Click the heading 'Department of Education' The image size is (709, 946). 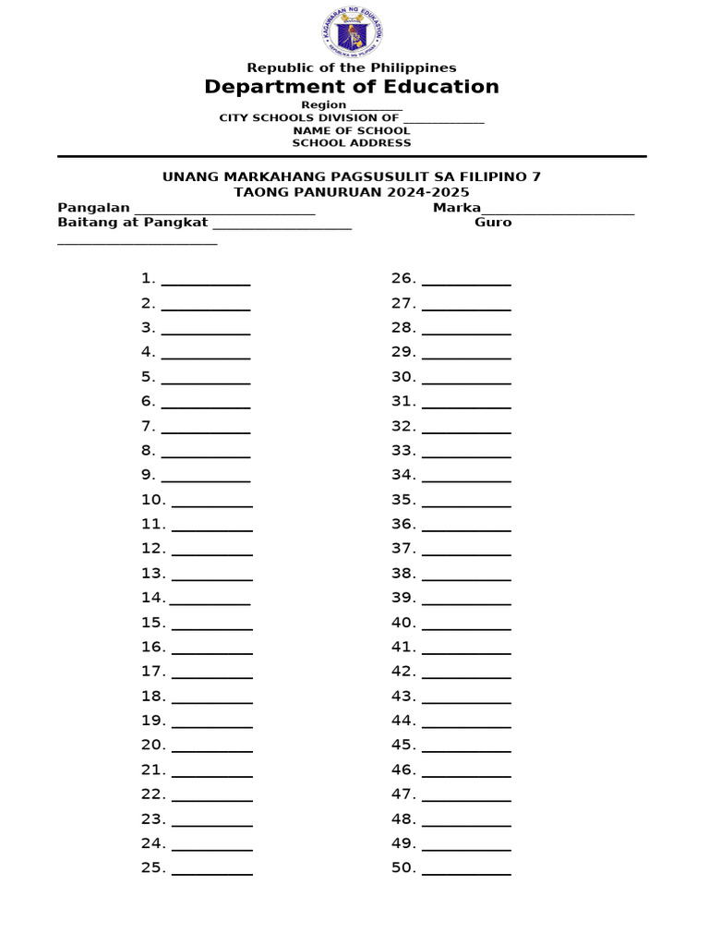pyautogui.click(x=352, y=87)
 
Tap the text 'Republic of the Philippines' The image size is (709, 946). pyautogui.click(x=352, y=67)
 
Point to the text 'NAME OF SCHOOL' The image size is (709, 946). pyautogui.click(x=352, y=130)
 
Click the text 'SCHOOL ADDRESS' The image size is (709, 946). pyautogui.click(x=352, y=142)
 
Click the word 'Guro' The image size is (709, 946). pyautogui.click(x=493, y=222)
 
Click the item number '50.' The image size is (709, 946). pyautogui.click(x=403, y=867)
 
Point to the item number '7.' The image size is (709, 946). pyautogui.click(x=148, y=426)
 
